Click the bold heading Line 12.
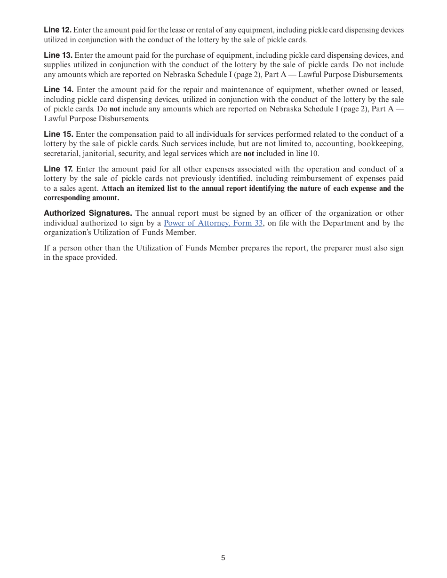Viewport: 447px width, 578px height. click(x=57, y=30)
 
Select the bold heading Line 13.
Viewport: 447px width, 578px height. click(x=58, y=55)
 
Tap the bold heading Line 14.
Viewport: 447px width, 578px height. click(x=58, y=90)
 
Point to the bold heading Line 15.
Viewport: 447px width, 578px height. click(x=58, y=134)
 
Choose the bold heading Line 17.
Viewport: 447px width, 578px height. click(x=58, y=169)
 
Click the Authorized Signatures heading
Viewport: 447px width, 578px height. click(x=88, y=213)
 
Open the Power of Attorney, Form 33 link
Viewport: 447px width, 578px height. click(x=213, y=223)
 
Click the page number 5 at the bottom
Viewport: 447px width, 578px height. click(x=223, y=558)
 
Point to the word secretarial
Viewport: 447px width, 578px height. click(x=61, y=154)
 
